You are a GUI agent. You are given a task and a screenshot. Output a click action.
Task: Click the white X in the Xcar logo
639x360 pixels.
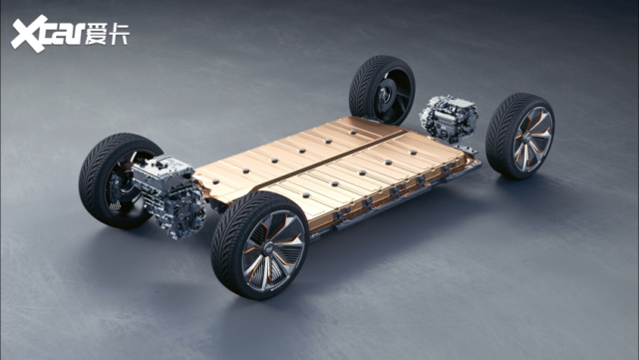[x=29, y=34]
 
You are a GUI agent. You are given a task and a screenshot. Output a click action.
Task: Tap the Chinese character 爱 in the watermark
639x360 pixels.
[x=96, y=34]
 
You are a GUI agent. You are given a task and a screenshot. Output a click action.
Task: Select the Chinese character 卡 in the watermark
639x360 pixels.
[x=119, y=34]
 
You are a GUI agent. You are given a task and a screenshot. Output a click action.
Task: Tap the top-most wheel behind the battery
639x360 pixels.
[x=382, y=90]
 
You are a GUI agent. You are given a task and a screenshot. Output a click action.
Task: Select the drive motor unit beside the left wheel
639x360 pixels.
[x=168, y=194]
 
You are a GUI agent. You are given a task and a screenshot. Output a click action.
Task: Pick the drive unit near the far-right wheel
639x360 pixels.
[x=449, y=118]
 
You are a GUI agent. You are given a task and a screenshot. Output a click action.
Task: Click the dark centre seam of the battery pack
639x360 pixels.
[x=333, y=159]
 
